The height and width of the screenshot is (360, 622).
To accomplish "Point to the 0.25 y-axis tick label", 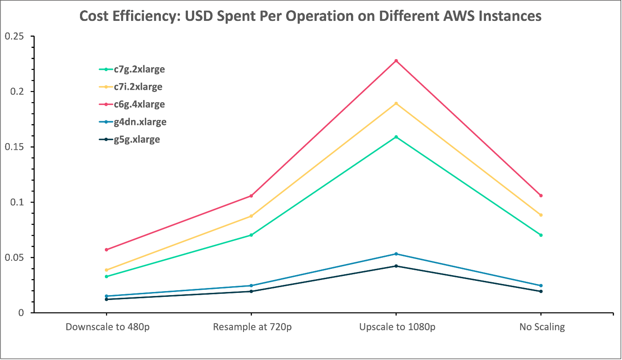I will point(15,36).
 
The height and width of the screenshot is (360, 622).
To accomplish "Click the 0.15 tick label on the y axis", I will point(15,147).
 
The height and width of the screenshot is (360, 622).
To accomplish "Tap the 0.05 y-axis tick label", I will point(15,258).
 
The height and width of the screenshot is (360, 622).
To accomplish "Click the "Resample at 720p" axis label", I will point(251,328).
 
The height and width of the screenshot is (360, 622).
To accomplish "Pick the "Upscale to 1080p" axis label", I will point(396,328).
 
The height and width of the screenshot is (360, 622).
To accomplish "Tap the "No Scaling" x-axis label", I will point(542,328).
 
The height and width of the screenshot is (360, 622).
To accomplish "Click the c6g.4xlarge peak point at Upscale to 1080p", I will point(396,61).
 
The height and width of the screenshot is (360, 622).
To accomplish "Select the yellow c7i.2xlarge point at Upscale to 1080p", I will point(396,104).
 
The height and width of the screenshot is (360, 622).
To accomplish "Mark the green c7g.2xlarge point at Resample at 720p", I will point(251,235).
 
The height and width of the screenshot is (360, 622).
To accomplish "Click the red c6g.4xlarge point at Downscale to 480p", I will point(107,250).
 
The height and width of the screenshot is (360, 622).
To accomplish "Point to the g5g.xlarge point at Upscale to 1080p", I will point(396,266).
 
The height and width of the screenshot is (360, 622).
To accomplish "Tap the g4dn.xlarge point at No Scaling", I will point(541,286).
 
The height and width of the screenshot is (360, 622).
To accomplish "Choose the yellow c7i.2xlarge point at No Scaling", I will point(541,215).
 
